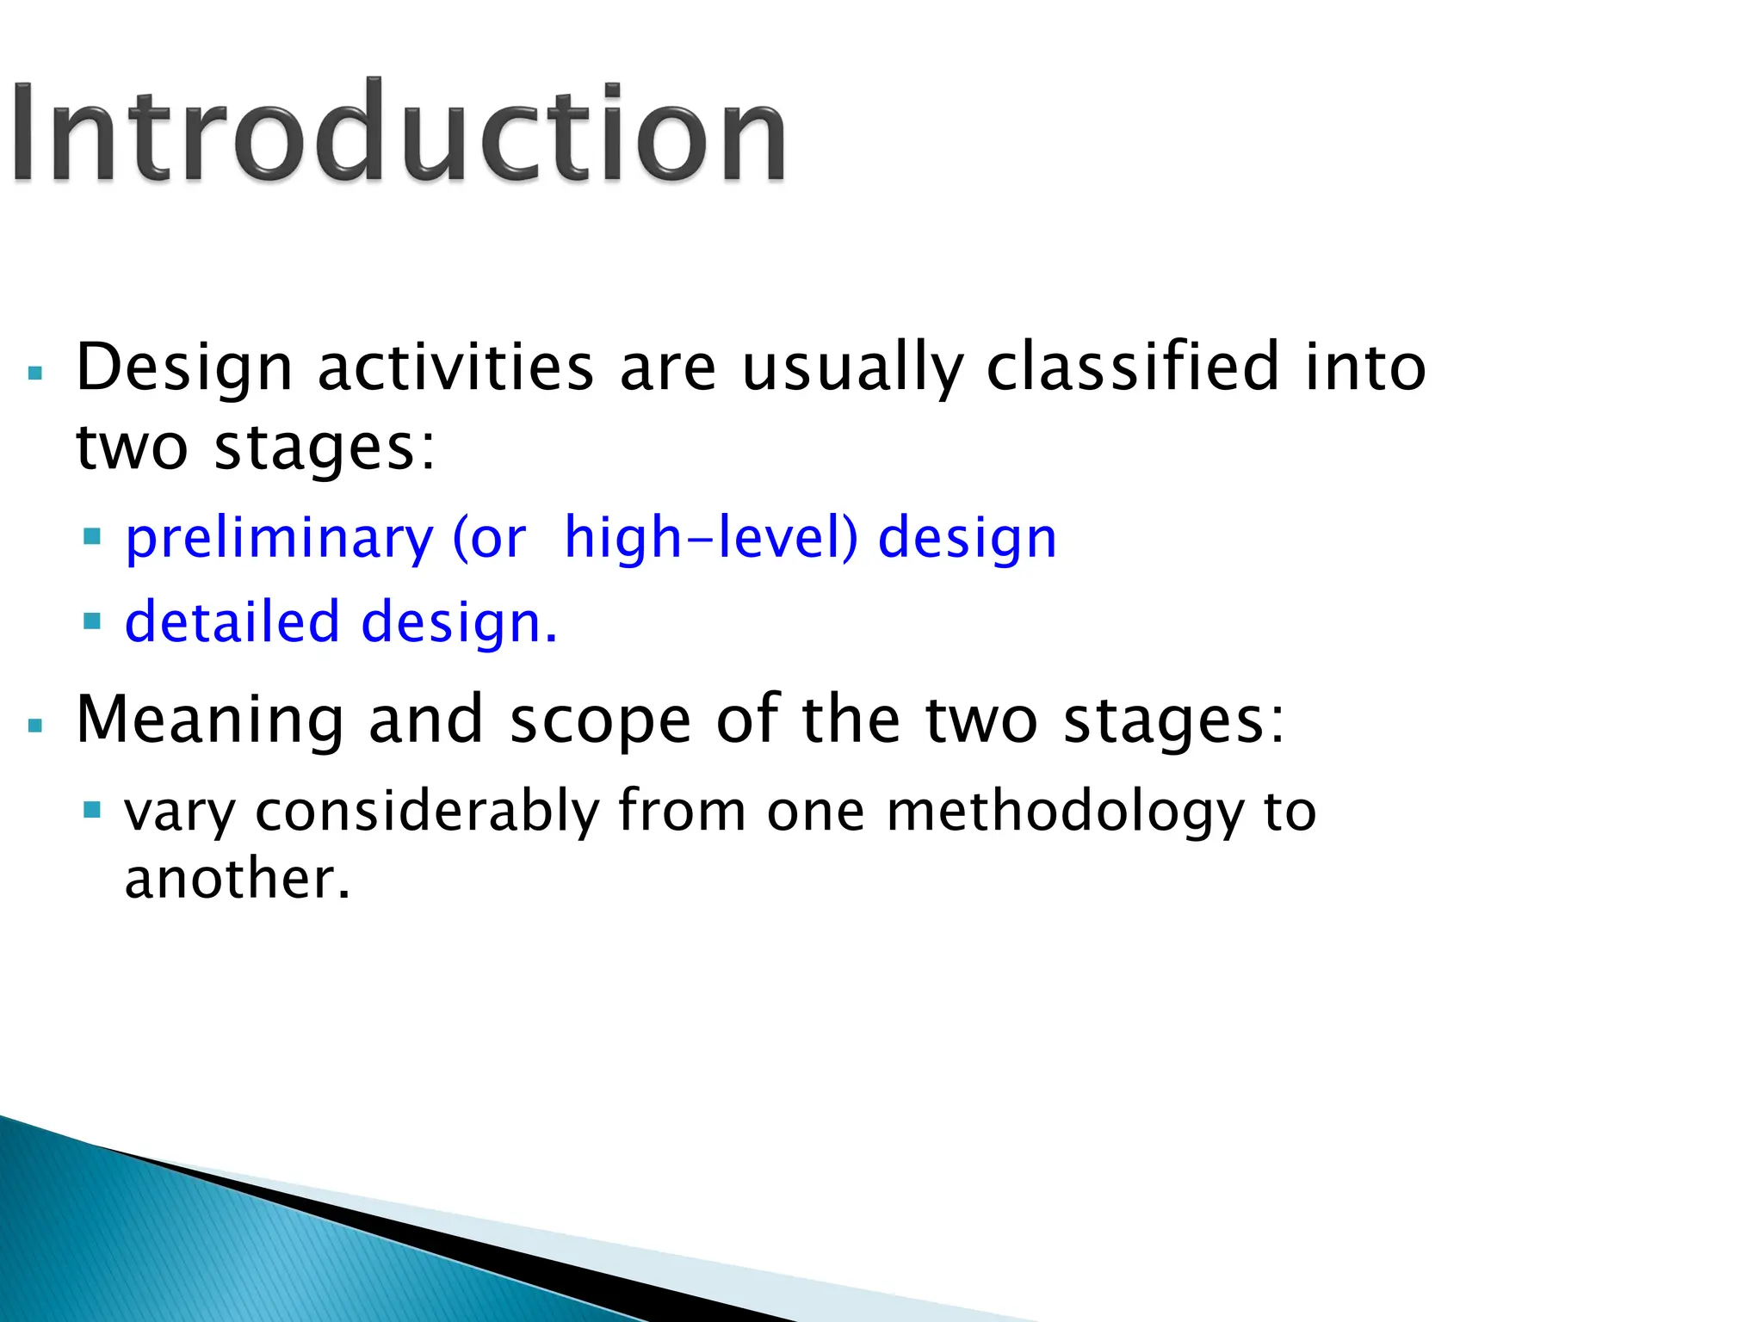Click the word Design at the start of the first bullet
(x=184, y=368)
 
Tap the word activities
(x=455, y=368)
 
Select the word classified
(x=1133, y=368)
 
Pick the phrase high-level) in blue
(x=711, y=538)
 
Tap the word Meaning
(x=210, y=721)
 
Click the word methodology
(x=1065, y=812)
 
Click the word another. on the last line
(x=238, y=880)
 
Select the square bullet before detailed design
(x=92, y=621)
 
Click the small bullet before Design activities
(x=35, y=374)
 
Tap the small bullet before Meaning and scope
(x=35, y=726)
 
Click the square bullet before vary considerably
(x=92, y=810)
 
